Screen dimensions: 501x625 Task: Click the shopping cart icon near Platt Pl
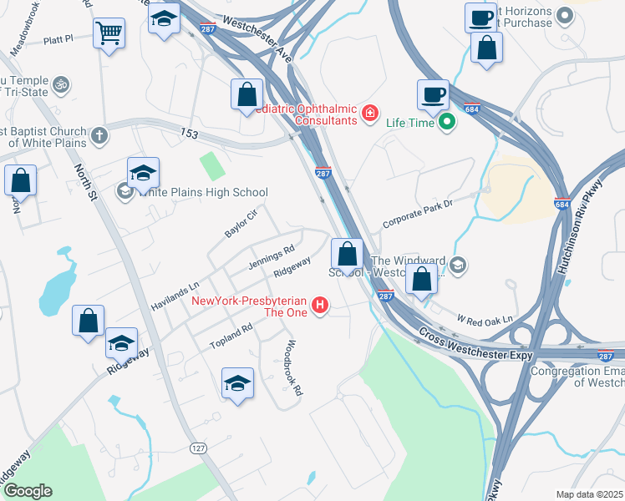coord(109,34)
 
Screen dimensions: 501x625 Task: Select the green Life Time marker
coord(448,122)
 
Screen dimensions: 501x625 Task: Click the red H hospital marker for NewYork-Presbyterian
coord(319,306)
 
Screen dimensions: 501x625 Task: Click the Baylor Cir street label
coord(241,223)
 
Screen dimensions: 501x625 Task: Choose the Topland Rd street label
coord(231,337)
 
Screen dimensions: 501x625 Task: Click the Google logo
coord(28,491)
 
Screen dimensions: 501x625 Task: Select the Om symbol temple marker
coord(59,83)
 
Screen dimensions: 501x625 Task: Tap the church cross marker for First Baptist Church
coord(99,134)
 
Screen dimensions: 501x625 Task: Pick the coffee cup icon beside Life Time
coord(433,94)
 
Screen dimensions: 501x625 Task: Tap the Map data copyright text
coord(589,494)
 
